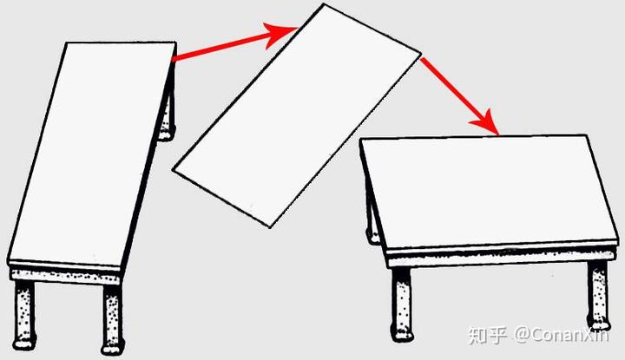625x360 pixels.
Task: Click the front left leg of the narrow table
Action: point(24,315)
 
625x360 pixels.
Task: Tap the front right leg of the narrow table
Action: point(113,318)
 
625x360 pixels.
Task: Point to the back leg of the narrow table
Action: point(168,115)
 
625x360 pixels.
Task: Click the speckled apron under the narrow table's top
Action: point(66,276)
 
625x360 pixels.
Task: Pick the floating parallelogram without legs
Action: point(297,115)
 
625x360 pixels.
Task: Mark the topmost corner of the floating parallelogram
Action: point(324,4)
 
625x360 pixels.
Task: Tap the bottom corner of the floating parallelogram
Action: point(270,227)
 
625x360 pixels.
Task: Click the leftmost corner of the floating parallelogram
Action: point(173,169)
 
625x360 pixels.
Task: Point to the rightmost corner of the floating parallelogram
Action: point(421,53)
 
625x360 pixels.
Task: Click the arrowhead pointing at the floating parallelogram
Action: point(281,34)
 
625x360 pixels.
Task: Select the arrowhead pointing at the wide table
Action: point(486,123)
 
